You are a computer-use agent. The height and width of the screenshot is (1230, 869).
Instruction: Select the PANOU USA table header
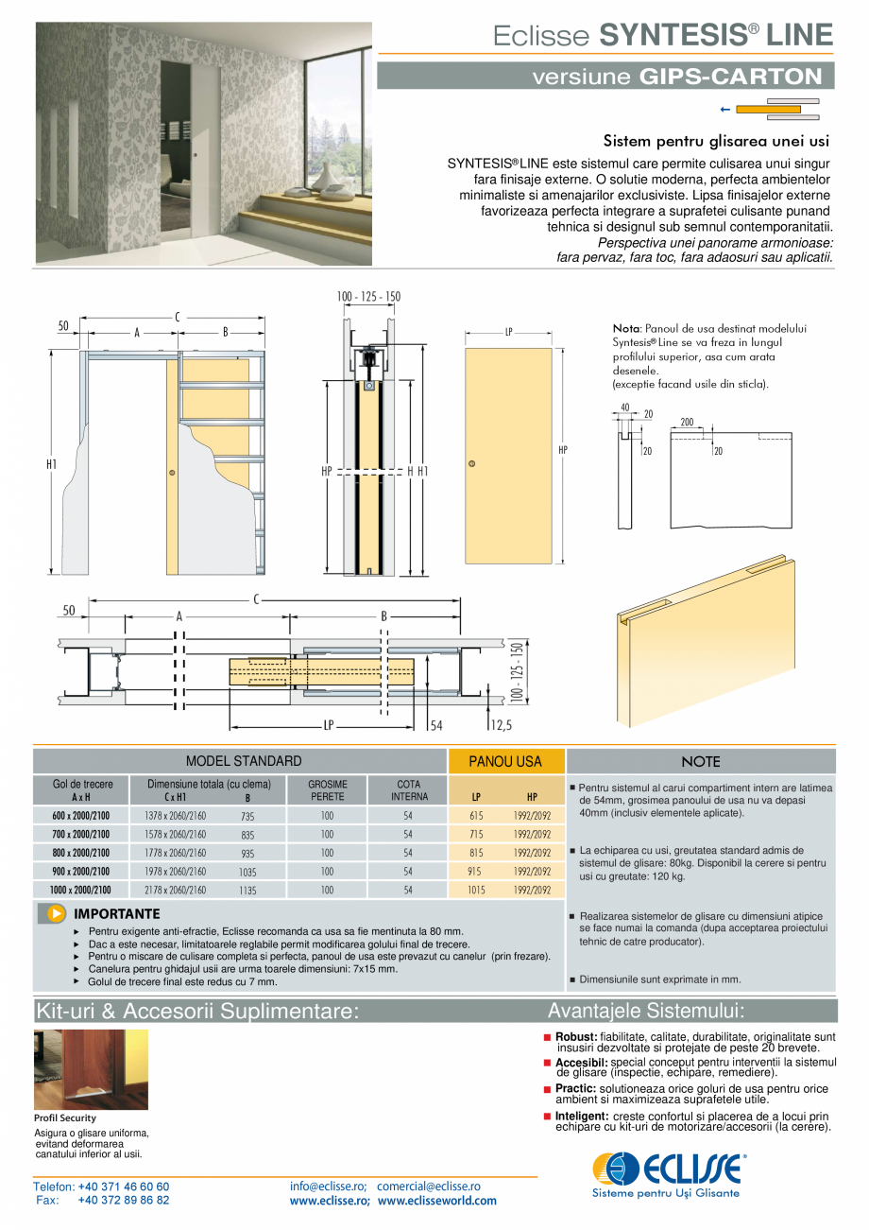[x=505, y=761]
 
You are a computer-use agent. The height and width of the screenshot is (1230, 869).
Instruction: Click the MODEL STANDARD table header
[x=244, y=761]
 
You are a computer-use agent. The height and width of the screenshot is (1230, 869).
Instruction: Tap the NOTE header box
[x=700, y=762]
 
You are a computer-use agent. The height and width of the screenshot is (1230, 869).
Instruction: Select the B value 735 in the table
[x=247, y=816]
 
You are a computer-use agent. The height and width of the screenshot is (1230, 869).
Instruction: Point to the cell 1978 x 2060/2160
[x=175, y=872]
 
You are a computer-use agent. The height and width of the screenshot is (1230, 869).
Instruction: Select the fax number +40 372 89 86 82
[x=124, y=1201]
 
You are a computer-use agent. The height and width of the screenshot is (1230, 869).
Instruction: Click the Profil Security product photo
[x=91, y=1069]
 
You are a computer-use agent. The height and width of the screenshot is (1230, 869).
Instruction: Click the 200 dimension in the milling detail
[x=688, y=422]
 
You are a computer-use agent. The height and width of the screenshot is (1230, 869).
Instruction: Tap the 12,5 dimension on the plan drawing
[x=501, y=726]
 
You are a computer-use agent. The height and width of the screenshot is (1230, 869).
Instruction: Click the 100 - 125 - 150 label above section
[x=368, y=297]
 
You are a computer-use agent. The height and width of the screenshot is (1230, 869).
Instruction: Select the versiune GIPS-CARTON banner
[x=605, y=77]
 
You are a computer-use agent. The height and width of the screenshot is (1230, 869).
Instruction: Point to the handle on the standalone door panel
[x=471, y=463]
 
